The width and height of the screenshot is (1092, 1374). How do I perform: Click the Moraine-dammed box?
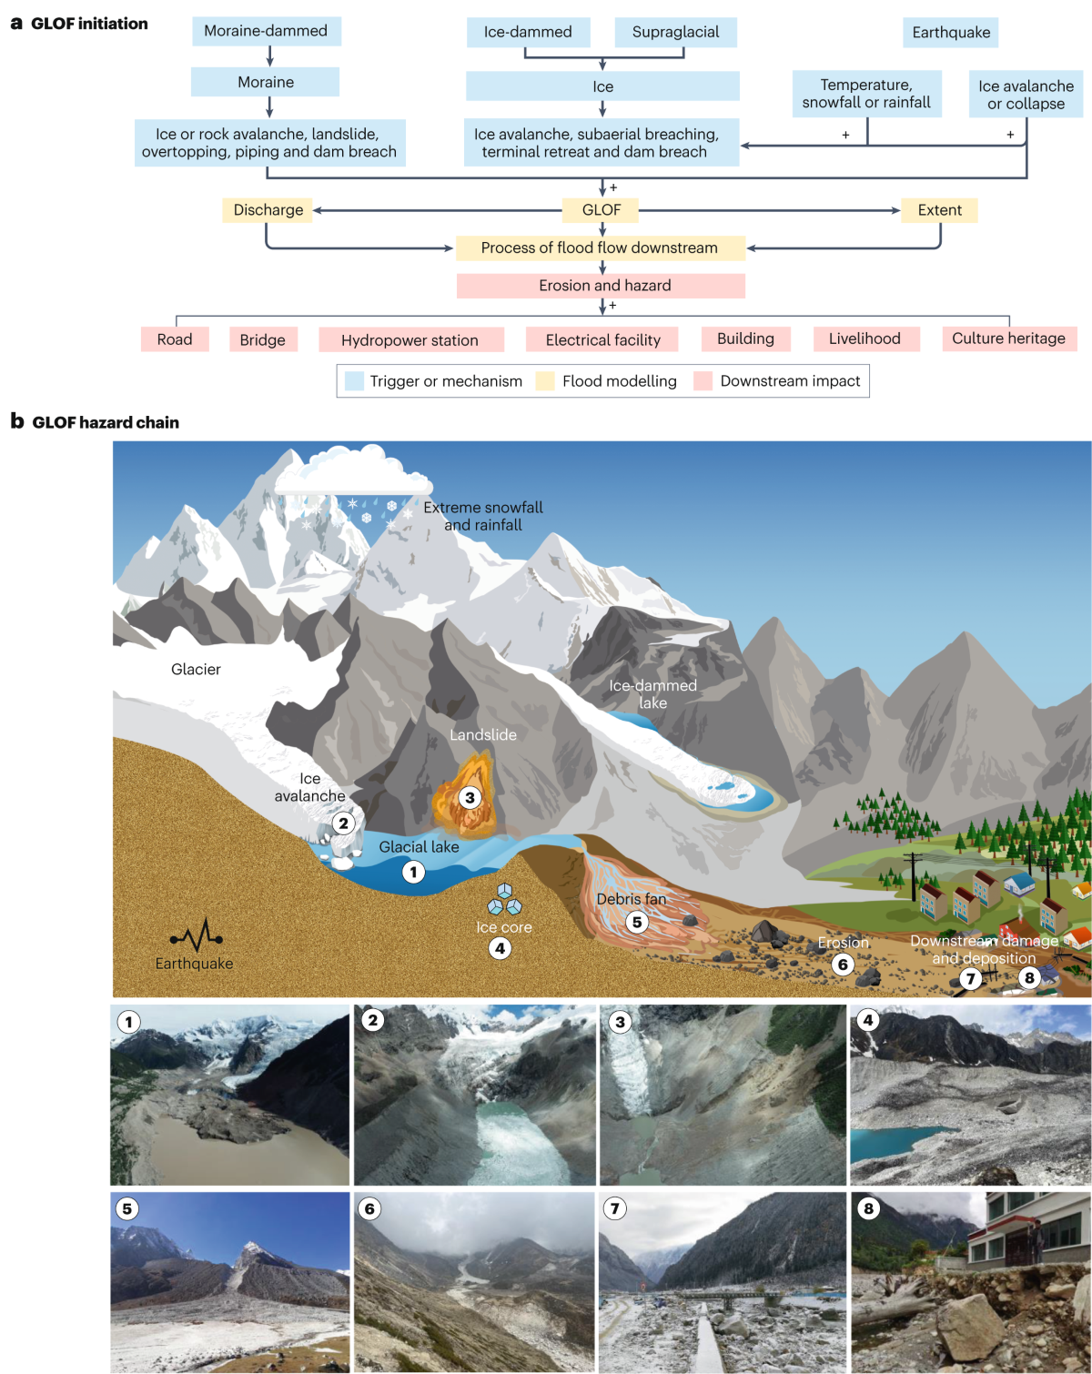266,31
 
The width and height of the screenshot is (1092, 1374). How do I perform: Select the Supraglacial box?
675,32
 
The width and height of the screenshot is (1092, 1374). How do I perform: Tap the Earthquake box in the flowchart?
951,33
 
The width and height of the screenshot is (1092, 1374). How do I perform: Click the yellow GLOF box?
602,210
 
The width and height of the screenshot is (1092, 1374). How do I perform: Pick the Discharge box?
268,210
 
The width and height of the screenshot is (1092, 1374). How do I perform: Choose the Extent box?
939,210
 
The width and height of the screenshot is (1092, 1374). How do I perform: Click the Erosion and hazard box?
601,286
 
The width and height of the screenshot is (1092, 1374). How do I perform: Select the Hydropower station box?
410,340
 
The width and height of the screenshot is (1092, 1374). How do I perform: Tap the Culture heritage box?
1008,338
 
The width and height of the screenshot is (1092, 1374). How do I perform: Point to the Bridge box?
263,339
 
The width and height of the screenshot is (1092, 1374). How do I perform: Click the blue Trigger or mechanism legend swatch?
355,381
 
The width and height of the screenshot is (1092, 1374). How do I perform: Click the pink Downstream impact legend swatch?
703,381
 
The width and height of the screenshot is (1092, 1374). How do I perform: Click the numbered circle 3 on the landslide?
470,798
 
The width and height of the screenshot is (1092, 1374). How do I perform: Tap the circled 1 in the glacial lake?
413,872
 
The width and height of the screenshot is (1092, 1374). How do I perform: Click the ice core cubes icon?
504,900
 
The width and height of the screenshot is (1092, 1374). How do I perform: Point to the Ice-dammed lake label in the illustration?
652,693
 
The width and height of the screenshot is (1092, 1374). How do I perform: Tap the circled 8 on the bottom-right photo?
868,1208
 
